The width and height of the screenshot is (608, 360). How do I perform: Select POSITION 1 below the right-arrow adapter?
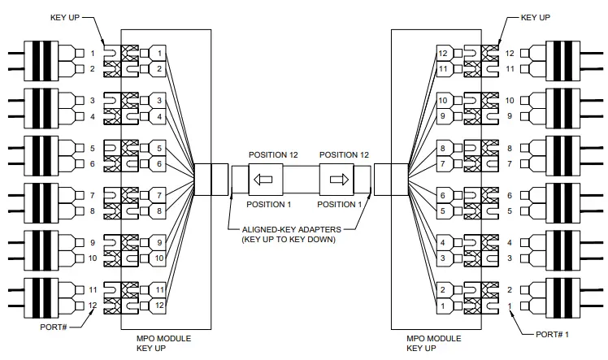(341, 203)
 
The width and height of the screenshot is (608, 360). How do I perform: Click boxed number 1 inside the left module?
(161, 54)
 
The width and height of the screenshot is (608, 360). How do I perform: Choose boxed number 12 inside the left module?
(161, 306)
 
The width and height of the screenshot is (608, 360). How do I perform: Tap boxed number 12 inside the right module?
(443, 54)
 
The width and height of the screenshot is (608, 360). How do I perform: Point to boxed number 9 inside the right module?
(443, 116)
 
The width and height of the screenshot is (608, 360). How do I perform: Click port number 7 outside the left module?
(92, 195)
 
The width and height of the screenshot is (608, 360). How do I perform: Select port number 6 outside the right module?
(510, 195)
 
